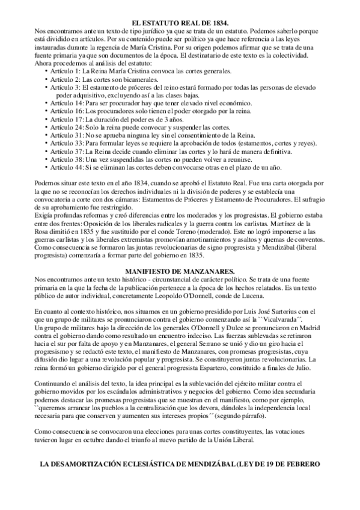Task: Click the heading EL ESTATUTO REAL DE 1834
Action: click(180, 22)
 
